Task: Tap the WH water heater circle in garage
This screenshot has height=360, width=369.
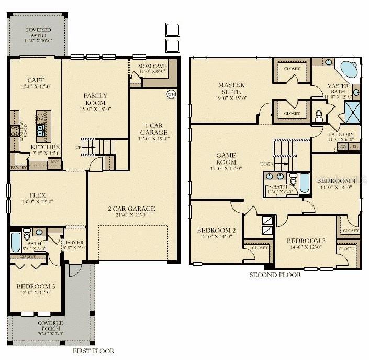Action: pos(171,94)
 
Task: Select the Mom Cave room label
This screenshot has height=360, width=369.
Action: pos(152,67)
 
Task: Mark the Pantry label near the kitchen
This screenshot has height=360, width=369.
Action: pos(19,168)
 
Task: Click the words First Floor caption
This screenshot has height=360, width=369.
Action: pos(94,351)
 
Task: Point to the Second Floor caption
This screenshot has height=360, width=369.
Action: pos(275,275)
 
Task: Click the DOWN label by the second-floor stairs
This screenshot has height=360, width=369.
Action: pos(267,164)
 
